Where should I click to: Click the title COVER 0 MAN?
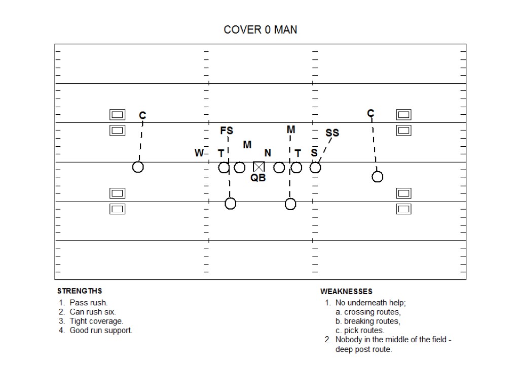click(x=261, y=29)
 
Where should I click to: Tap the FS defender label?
click(x=227, y=131)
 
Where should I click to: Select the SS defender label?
click(x=332, y=133)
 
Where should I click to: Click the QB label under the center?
click(x=258, y=178)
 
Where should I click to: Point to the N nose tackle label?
click(x=268, y=153)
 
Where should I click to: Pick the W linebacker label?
click(x=199, y=153)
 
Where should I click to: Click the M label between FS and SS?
click(x=291, y=130)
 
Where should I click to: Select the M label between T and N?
click(x=247, y=145)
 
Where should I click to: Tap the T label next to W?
click(x=221, y=153)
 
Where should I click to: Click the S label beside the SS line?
click(x=314, y=153)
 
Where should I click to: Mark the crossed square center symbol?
click(x=259, y=167)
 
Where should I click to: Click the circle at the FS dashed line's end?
click(x=231, y=204)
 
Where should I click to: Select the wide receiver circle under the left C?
click(x=138, y=167)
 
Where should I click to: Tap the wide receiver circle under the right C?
click(x=377, y=177)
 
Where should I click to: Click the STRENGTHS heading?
click(x=80, y=291)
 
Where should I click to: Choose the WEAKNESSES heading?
click(x=346, y=291)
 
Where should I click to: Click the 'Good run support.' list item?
click(x=101, y=330)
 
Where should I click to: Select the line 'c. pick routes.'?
click(x=360, y=330)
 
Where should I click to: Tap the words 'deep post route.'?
click(x=363, y=349)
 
